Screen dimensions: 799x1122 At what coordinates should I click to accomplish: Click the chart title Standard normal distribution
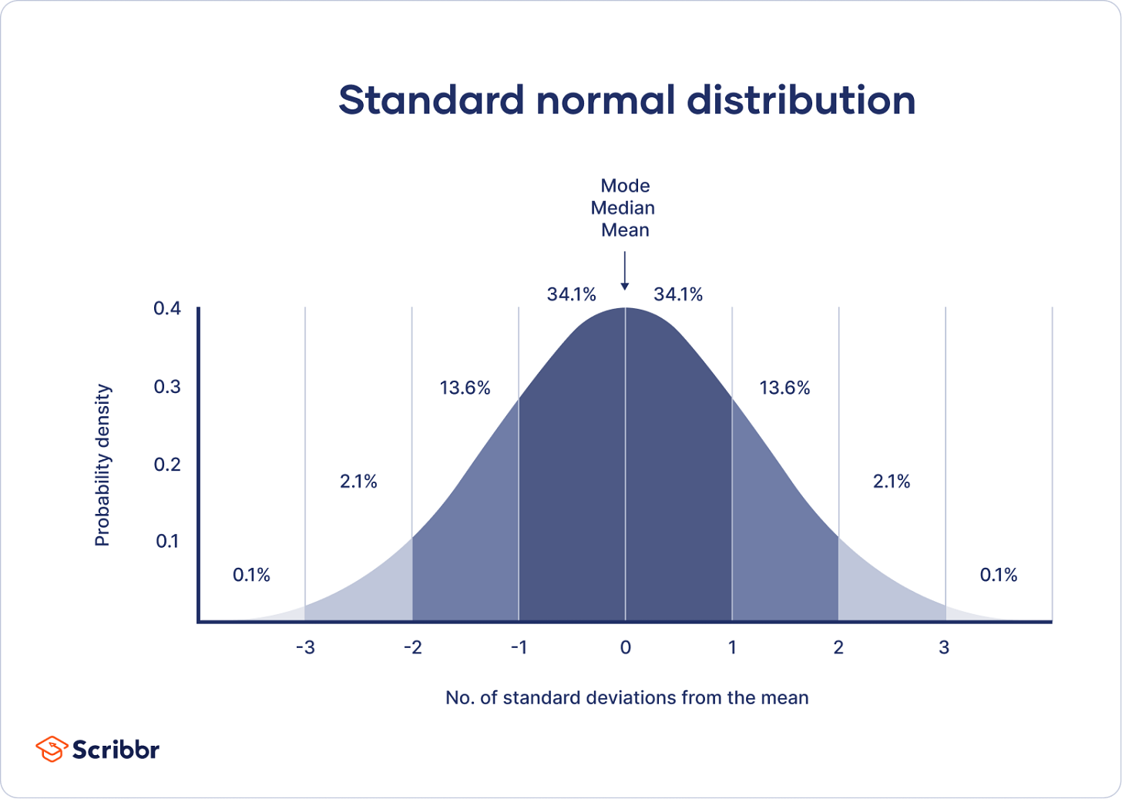[x=627, y=100]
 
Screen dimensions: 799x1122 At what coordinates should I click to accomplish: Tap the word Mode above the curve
[x=625, y=186]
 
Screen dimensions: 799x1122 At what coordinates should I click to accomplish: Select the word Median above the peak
[x=623, y=208]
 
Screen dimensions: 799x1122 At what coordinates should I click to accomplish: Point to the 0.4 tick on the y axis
[x=167, y=309]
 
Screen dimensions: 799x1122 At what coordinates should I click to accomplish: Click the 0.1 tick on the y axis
[x=167, y=542]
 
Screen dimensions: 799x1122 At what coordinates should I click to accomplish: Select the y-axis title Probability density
[x=102, y=465]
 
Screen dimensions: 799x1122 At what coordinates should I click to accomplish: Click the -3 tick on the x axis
[x=305, y=648]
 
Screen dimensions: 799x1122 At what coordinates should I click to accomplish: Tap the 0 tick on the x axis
[x=625, y=648]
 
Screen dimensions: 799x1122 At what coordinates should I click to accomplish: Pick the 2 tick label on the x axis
[x=838, y=648]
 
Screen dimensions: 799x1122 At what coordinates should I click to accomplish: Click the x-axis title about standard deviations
[x=627, y=698]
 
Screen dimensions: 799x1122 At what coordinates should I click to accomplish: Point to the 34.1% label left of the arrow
[x=571, y=294]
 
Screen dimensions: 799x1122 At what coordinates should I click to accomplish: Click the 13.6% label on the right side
[x=784, y=388]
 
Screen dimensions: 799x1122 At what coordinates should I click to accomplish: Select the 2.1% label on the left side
[x=358, y=482]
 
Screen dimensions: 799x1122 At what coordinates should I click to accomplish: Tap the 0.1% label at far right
[x=998, y=575]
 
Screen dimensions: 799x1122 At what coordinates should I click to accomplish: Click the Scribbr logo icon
[x=51, y=749]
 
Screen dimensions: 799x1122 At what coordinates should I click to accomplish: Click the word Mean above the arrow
[x=625, y=230]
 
